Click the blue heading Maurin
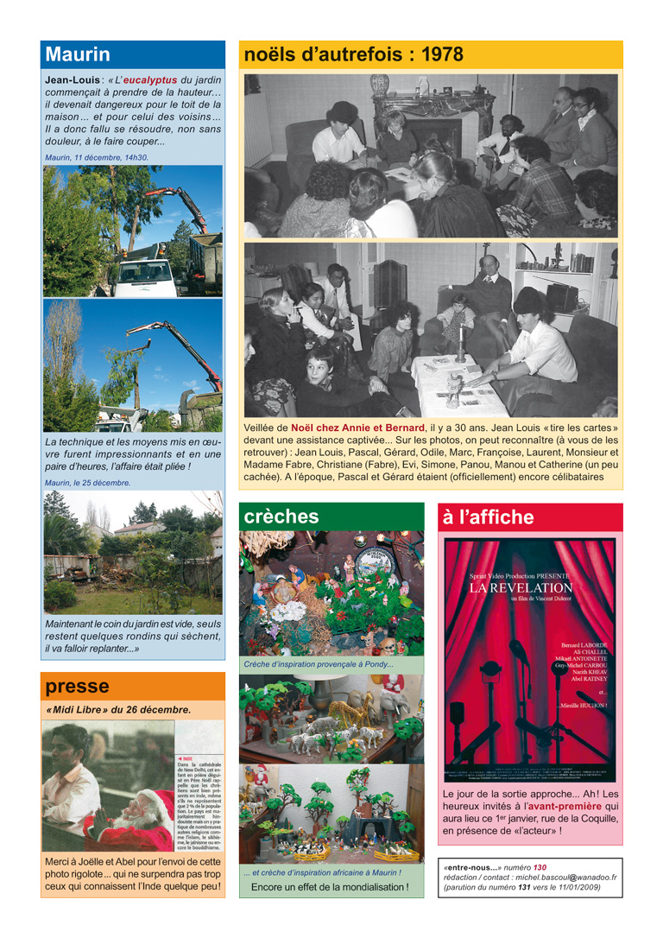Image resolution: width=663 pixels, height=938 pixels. pos(78,54)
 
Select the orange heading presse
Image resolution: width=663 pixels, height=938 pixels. pos(78,687)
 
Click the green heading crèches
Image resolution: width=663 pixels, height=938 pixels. pos(281,517)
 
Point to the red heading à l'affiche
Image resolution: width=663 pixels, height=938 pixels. pos(488,517)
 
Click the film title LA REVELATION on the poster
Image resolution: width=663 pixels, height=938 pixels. pos(521,588)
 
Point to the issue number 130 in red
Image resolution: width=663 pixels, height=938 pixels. pos(540,866)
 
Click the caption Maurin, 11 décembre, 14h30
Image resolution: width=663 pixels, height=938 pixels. pos(96,158)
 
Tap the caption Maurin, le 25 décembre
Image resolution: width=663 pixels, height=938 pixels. pos(87,483)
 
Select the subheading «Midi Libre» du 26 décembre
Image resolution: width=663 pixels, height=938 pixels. pos(117,710)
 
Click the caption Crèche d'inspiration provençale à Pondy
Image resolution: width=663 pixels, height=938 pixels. pos(318,664)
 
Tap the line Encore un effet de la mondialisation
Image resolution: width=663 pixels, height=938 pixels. pos(330,887)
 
